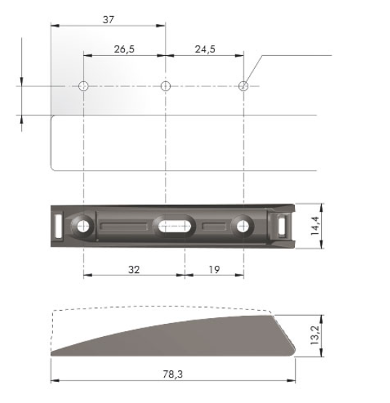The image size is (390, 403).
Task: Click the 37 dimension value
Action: point(107,20)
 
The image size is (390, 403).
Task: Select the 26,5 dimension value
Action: point(124,49)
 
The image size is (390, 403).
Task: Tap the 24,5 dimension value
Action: point(204,49)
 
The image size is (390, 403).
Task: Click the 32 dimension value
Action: point(134,269)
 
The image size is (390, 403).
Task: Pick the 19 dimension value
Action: point(214,269)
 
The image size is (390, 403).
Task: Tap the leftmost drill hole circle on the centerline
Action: point(84,86)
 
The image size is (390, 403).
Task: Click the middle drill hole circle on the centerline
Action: point(166,86)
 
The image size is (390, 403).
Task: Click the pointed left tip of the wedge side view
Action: point(52,354)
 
